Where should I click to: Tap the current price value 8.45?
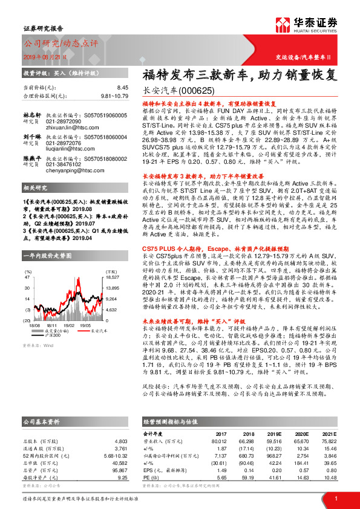tap(123, 88)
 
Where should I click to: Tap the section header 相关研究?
tap(35, 189)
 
